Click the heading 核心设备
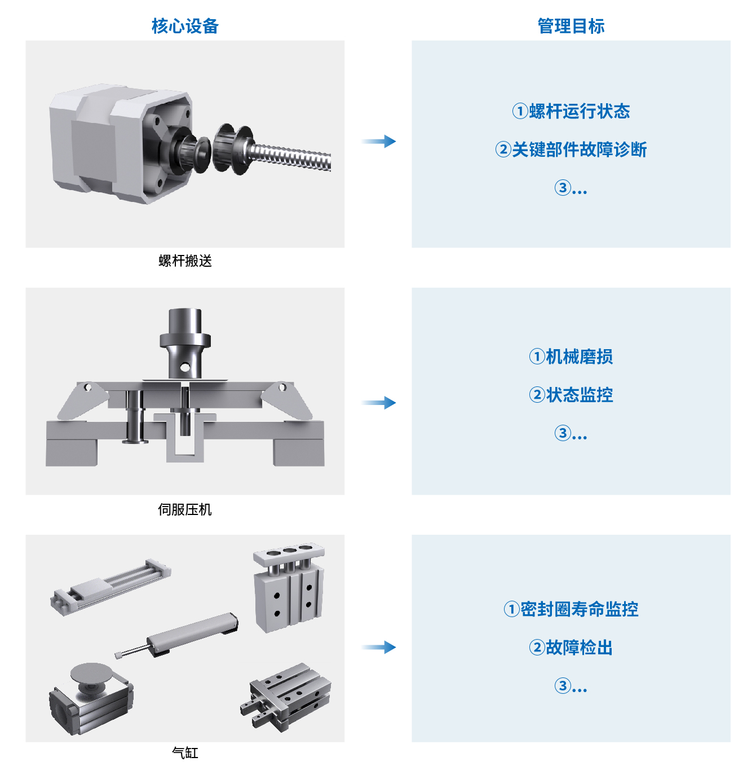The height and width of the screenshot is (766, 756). [185, 27]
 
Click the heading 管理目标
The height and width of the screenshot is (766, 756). [571, 27]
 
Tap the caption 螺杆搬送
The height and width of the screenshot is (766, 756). [185, 261]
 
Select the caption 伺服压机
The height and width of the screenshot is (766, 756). [185, 509]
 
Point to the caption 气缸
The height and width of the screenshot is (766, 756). [185, 753]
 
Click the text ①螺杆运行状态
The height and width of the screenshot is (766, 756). [571, 111]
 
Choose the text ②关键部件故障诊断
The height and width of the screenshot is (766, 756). [571, 150]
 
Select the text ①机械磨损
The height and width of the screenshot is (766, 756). [571, 356]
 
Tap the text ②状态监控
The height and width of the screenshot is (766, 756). [571, 395]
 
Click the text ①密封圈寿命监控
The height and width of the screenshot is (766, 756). [571, 609]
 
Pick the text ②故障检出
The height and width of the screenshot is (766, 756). [571, 648]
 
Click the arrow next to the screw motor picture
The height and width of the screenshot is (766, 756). [379, 141]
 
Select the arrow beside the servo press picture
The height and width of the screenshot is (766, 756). [379, 403]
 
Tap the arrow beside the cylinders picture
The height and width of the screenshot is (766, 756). [379, 648]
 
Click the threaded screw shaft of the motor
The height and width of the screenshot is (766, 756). [290, 157]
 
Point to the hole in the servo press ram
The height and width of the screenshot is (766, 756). [185, 367]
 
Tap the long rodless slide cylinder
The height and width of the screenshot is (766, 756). [110, 587]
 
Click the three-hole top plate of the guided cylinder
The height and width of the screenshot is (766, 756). [289, 553]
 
